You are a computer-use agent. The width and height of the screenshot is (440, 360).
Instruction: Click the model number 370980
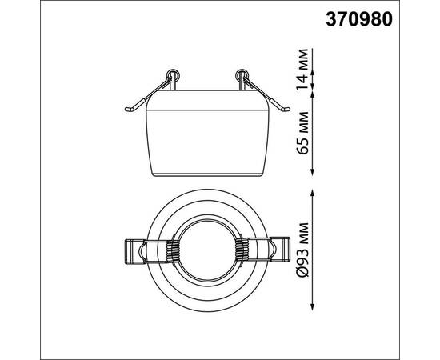[359, 20]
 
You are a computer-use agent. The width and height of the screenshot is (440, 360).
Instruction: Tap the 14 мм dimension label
[302, 69]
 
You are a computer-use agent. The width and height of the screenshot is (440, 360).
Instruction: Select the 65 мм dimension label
[302, 133]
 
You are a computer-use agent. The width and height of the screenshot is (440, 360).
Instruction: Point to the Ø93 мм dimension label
[302, 250]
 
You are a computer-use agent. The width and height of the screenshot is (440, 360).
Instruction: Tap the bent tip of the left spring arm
[129, 110]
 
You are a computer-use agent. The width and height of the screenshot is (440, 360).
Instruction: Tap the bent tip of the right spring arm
[286, 109]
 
